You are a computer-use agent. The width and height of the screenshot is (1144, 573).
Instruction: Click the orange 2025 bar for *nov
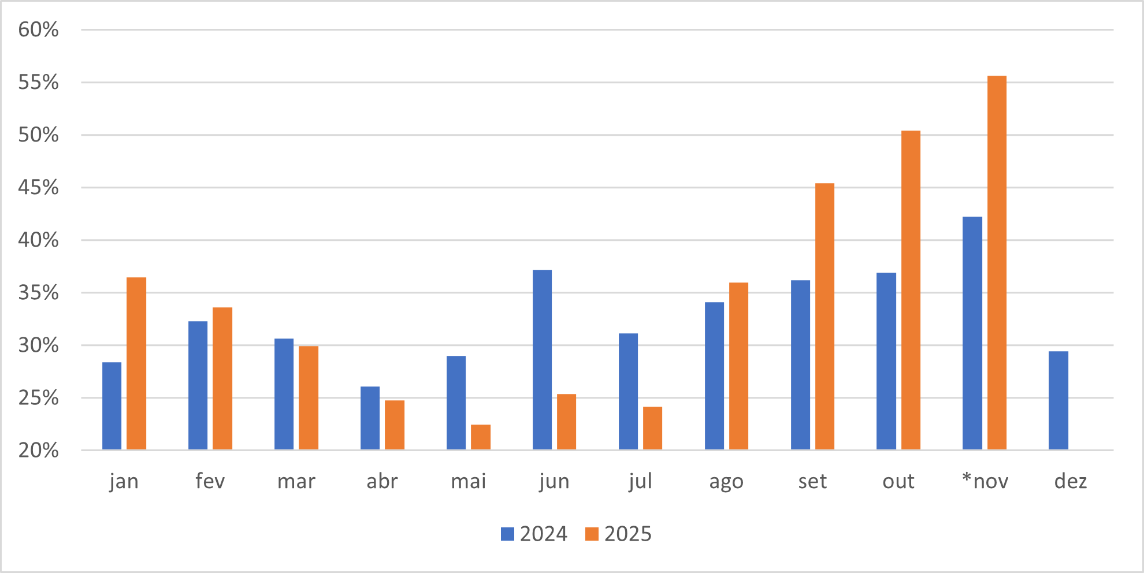coord(997,263)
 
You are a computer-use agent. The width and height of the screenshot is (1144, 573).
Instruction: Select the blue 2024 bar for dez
coord(1058,400)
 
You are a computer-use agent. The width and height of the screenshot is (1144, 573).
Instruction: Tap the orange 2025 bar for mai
coord(481,437)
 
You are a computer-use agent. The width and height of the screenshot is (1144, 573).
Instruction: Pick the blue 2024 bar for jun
coord(542,360)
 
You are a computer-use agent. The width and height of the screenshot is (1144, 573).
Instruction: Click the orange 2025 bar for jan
coord(136,363)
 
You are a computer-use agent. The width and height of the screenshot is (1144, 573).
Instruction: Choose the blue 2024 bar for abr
coord(370,418)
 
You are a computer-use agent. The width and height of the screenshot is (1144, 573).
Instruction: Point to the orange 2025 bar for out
coord(911,290)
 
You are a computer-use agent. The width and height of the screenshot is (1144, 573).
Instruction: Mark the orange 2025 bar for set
coord(824,317)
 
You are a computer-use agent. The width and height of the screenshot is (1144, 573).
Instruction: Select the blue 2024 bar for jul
coord(628,392)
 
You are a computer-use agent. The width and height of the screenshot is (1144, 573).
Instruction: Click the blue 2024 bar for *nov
coord(972,333)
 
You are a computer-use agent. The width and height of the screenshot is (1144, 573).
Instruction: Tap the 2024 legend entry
coord(534,534)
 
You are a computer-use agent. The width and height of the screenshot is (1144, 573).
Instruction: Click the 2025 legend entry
coord(619,534)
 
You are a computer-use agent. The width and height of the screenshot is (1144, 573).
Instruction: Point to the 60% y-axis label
coord(38,29)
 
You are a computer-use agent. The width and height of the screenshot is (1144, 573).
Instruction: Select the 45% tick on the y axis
coord(38,187)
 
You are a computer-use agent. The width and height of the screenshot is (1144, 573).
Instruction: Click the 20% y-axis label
coord(38,451)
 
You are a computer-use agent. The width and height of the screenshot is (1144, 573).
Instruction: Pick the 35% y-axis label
coord(38,293)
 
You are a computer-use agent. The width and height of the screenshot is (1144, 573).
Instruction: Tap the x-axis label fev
coord(210,481)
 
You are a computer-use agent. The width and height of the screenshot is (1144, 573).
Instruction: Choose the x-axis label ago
coord(726,481)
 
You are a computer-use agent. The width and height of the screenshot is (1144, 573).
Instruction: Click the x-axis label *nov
coord(985,481)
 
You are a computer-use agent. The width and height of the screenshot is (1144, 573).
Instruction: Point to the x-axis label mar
coord(296,481)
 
